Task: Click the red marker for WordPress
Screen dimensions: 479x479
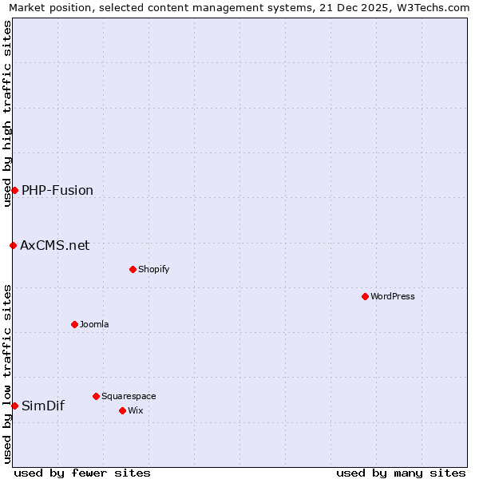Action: (x=365, y=296)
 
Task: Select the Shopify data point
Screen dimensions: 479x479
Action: (x=133, y=269)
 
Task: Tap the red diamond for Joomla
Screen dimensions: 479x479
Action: (x=74, y=324)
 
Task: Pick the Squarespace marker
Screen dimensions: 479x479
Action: (x=96, y=396)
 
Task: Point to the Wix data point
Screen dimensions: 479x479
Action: (x=122, y=410)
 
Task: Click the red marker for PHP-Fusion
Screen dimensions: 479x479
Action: (x=14, y=190)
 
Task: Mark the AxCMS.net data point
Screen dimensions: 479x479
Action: (x=13, y=245)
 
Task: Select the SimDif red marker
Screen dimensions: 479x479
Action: (x=14, y=406)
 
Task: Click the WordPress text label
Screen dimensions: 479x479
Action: (x=393, y=296)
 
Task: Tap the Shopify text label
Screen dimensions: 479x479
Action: (x=154, y=269)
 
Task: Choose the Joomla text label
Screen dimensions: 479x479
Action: (x=94, y=324)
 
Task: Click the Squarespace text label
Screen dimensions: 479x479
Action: (x=129, y=396)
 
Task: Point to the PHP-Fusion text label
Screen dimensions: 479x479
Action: (x=57, y=190)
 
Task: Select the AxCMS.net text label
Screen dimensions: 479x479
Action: (x=55, y=245)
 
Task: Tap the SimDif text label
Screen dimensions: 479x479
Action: (x=43, y=406)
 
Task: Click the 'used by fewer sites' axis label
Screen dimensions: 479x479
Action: (x=82, y=473)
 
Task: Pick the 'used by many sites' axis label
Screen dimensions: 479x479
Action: (x=401, y=473)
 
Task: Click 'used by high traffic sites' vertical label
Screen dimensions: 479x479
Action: (x=7, y=113)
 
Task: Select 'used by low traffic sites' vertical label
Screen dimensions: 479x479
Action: (x=7, y=374)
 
